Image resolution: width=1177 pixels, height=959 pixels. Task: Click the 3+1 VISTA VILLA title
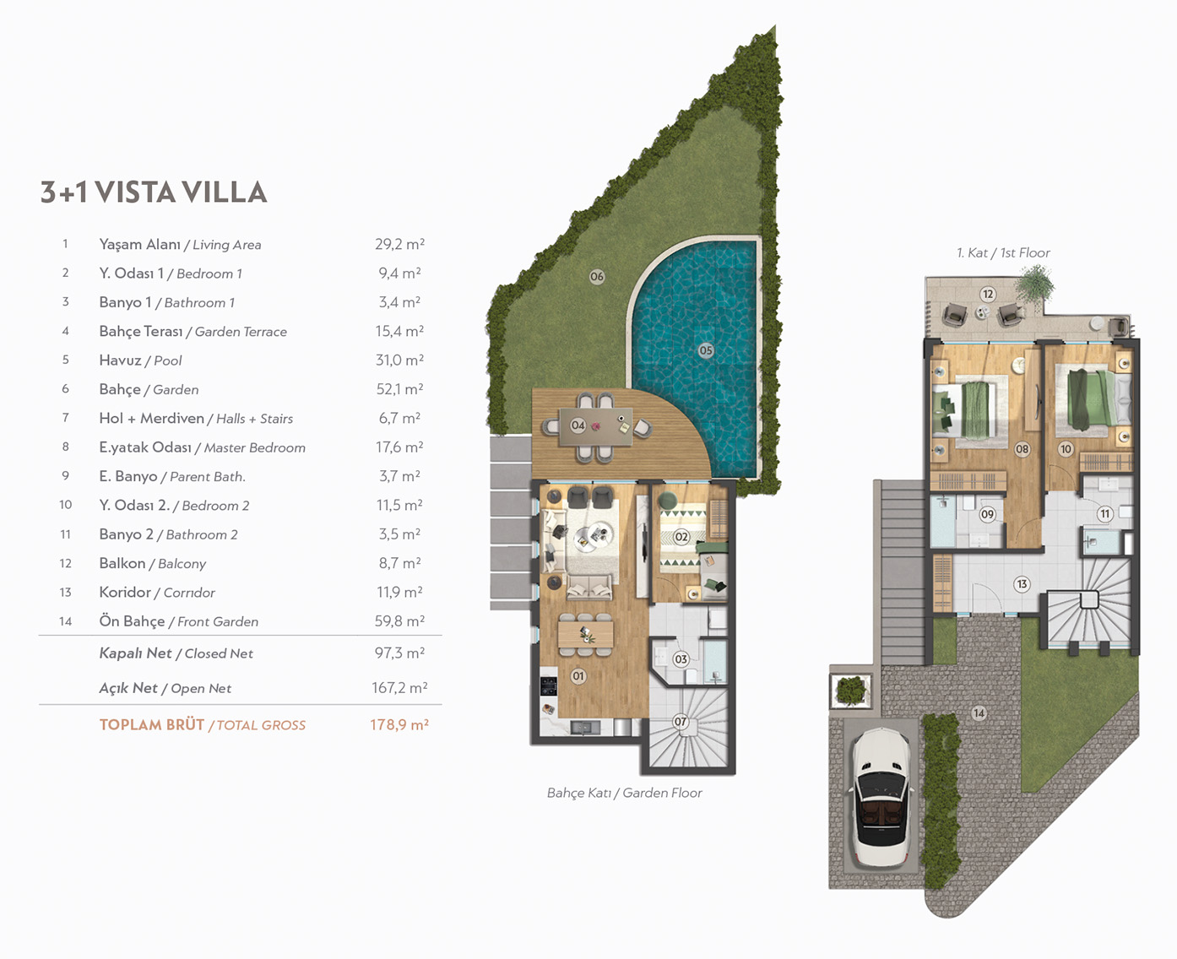[x=154, y=192]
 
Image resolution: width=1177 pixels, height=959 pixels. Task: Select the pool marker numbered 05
[x=706, y=350]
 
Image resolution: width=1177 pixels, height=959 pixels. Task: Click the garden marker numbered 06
[x=597, y=276]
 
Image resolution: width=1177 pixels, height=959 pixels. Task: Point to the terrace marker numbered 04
[x=578, y=425]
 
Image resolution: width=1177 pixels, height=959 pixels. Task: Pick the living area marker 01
[x=578, y=675]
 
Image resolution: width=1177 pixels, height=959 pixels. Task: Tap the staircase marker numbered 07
[x=681, y=722]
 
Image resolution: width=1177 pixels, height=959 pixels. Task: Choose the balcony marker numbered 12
[x=988, y=294]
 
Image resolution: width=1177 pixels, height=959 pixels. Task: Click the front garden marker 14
[x=979, y=713]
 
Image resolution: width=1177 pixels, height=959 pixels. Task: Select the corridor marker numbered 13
[x=1022, y=584]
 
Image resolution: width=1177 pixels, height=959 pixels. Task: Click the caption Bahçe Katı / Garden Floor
[x=625, y=793]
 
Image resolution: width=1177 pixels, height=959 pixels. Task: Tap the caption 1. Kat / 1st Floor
[x=1003, y=252]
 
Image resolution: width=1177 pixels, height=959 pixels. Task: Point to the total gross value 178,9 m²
[x=399, y=724]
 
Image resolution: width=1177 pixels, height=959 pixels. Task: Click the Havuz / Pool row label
[x=140, y=360]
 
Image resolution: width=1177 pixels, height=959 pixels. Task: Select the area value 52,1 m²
[x=399, y=389]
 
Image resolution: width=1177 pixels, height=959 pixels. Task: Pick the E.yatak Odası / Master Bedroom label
[x=203, y=447]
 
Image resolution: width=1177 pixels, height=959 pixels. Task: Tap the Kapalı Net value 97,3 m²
[x=399, y=653]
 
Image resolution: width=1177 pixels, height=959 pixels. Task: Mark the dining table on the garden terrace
[x=596, y=426]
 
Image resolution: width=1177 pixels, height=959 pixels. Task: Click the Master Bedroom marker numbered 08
[x=1022, y=449]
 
